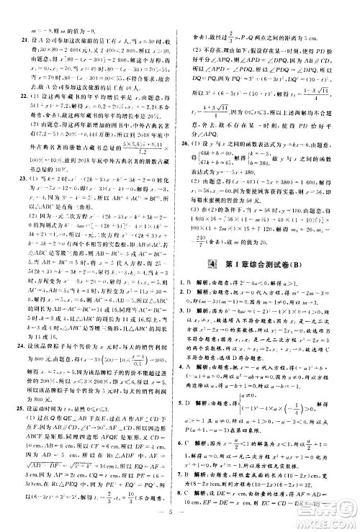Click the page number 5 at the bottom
pyautogui.click(x=179, y=523)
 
